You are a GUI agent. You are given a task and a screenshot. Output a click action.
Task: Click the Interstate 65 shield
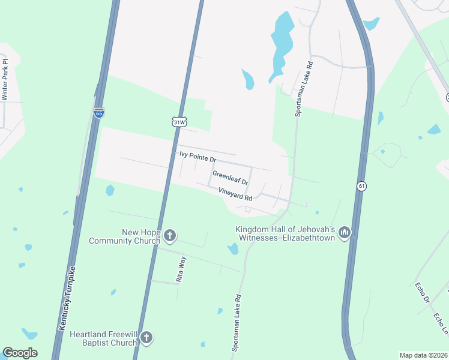click(x=99, y=112)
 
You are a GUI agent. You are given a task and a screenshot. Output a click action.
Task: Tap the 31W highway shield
click(x=179, y=122)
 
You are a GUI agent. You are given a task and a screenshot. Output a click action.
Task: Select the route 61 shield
click(x=361, y=186)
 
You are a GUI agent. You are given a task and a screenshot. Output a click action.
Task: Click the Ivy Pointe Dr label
click(x=197, y=157)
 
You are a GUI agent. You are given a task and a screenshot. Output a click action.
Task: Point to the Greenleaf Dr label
click(x=231, y=177)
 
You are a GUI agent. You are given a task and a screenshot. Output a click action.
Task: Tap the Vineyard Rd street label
click(x=235, y=193)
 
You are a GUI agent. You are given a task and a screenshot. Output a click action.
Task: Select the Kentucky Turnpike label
click(x=67, y=296)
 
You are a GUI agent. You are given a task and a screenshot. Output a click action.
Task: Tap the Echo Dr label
click(x=423, y=292)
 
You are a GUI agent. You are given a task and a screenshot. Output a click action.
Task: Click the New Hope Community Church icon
click(x=170, y=236)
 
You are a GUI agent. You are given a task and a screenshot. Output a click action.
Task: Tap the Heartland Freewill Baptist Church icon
click(x=146, y=338)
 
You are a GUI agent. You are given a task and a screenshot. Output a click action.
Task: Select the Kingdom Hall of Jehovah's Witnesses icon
click(x=344, y=232)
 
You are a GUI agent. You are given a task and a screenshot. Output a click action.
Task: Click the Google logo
click(x=20, y=353)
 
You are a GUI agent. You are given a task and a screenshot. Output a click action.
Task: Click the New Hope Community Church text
click(x=122, y=236)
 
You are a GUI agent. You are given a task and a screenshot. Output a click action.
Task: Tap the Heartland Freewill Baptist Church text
click(x=103, y=338)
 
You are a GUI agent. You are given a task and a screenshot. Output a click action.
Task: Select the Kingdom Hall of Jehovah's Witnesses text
click(x=285, y=233)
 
